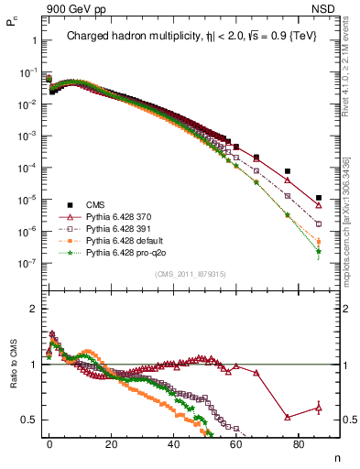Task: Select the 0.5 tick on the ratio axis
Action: [27, 420]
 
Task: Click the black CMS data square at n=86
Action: [318, 198]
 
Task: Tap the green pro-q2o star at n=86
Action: [318, 251]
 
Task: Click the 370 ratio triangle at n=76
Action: [288, 417]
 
